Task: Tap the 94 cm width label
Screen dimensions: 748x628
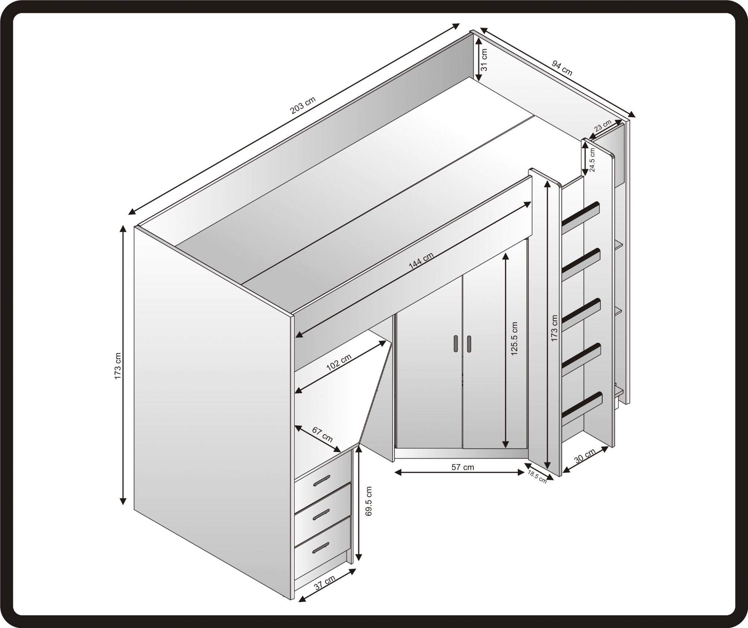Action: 562,68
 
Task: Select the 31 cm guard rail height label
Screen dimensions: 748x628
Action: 484,60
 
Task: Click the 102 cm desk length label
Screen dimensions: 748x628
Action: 339,363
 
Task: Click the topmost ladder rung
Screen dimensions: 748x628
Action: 582,214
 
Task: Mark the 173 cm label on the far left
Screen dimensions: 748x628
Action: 118,366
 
